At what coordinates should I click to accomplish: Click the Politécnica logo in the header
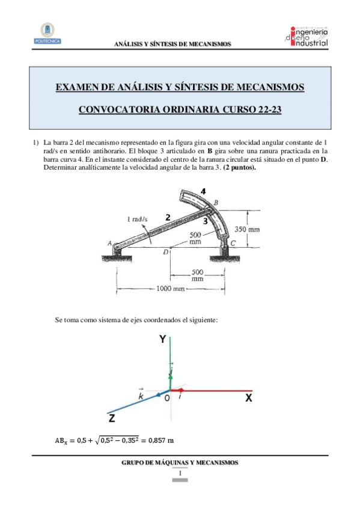[x=47, y=34]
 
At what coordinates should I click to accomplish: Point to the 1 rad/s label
[x=138, y=220]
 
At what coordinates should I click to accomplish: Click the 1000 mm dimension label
[x=171, y=289]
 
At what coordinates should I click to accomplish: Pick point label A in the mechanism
[x=109, y=244]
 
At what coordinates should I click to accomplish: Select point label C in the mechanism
[x=233, y=243]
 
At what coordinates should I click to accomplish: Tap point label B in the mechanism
[x=216, y=203]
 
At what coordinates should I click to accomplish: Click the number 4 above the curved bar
[x=203, y=191]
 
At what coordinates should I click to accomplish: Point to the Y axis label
[x=162, y=340]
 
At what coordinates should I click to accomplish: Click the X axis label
[x=248, y=398]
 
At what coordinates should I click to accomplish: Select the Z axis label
[x=112, y=417]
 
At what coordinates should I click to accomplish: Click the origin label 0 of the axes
[x=167, y=399]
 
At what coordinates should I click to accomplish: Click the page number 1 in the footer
[x=180, y=473]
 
